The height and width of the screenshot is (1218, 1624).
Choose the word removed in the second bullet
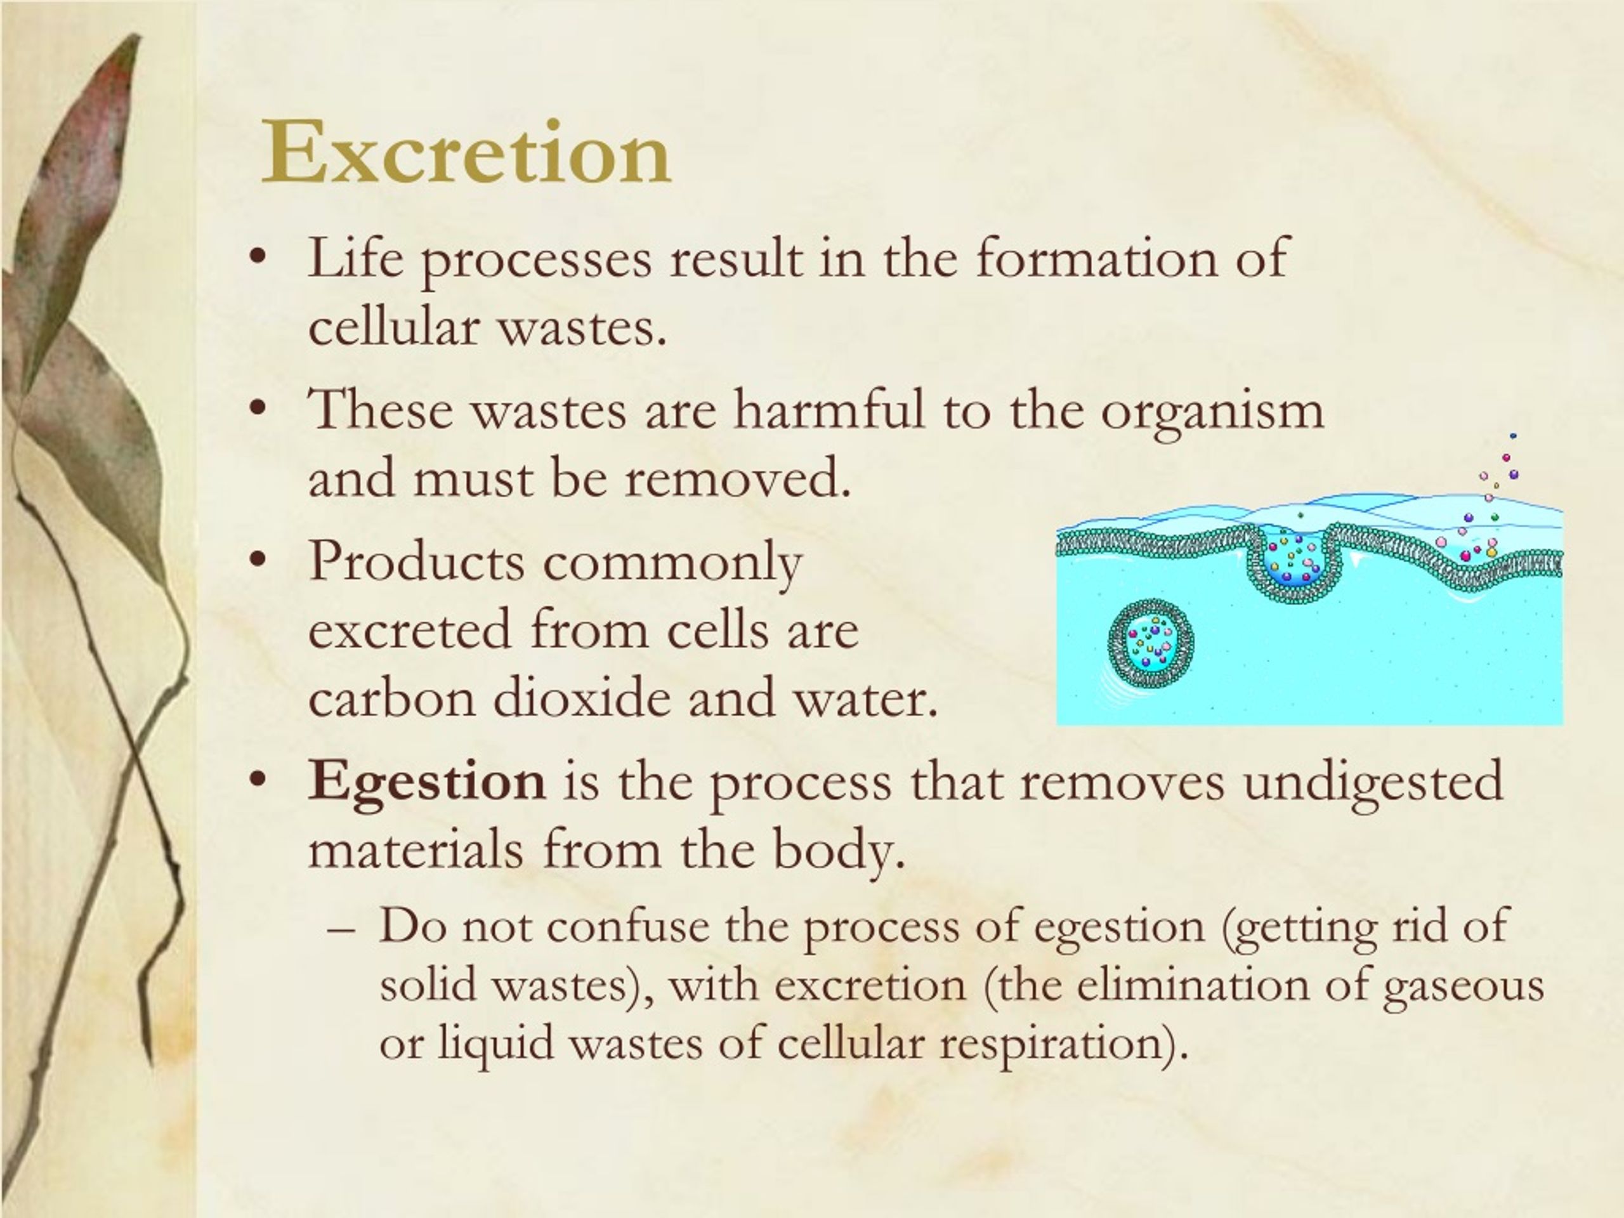[x=738, y=478]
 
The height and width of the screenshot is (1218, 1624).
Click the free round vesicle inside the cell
[x=1149, y=643]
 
